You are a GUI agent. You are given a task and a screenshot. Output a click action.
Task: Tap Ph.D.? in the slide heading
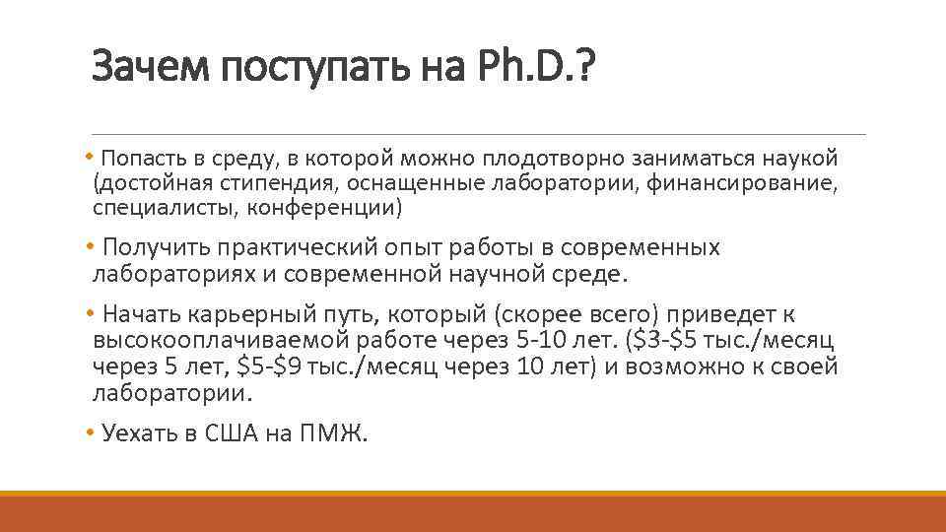pos(533,68)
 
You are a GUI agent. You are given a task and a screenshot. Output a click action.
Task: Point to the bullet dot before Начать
pos(89,314)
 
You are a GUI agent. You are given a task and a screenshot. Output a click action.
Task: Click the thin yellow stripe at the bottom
pos(473,494)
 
